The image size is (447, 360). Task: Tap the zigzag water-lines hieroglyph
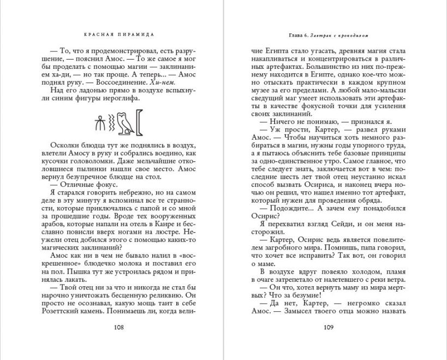pos(111,124)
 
